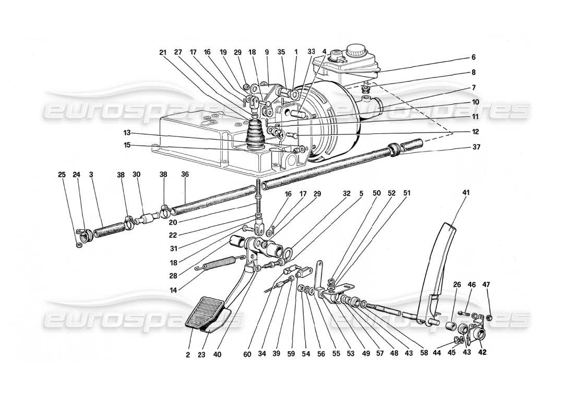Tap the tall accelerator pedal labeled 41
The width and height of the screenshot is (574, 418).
437,272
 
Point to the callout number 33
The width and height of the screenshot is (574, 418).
312,52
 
